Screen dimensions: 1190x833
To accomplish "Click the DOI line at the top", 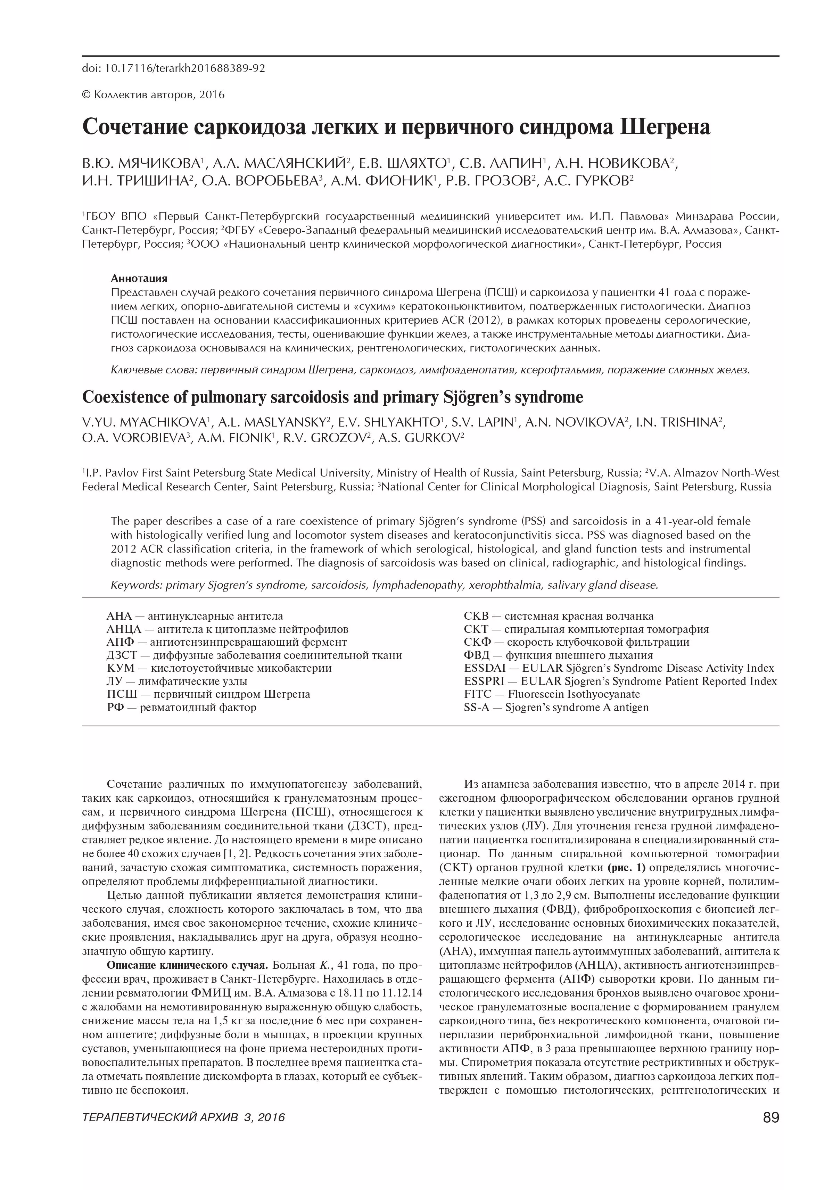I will pos(173,68).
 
